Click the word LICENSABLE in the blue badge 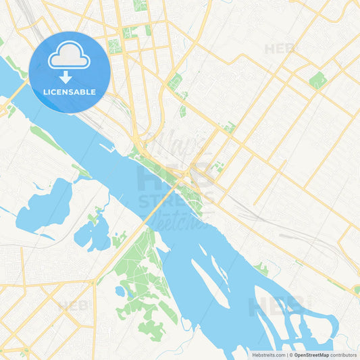coord(69,92)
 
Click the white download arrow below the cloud coord(66,76)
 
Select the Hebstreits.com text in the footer coord(267,355)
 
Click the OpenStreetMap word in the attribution coord(311,355)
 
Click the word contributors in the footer coord(344,355)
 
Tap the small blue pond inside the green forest coord(120,292)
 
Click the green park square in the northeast coord(317,80)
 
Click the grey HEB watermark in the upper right coord(279,49)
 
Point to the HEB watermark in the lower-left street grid coord(72,305)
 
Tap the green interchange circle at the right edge coord(356,289)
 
